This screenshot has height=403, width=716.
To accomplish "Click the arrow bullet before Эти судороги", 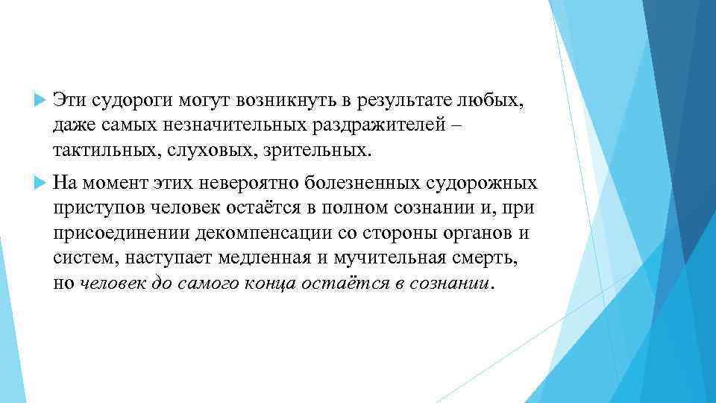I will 40,101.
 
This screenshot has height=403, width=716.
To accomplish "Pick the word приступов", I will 95,207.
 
